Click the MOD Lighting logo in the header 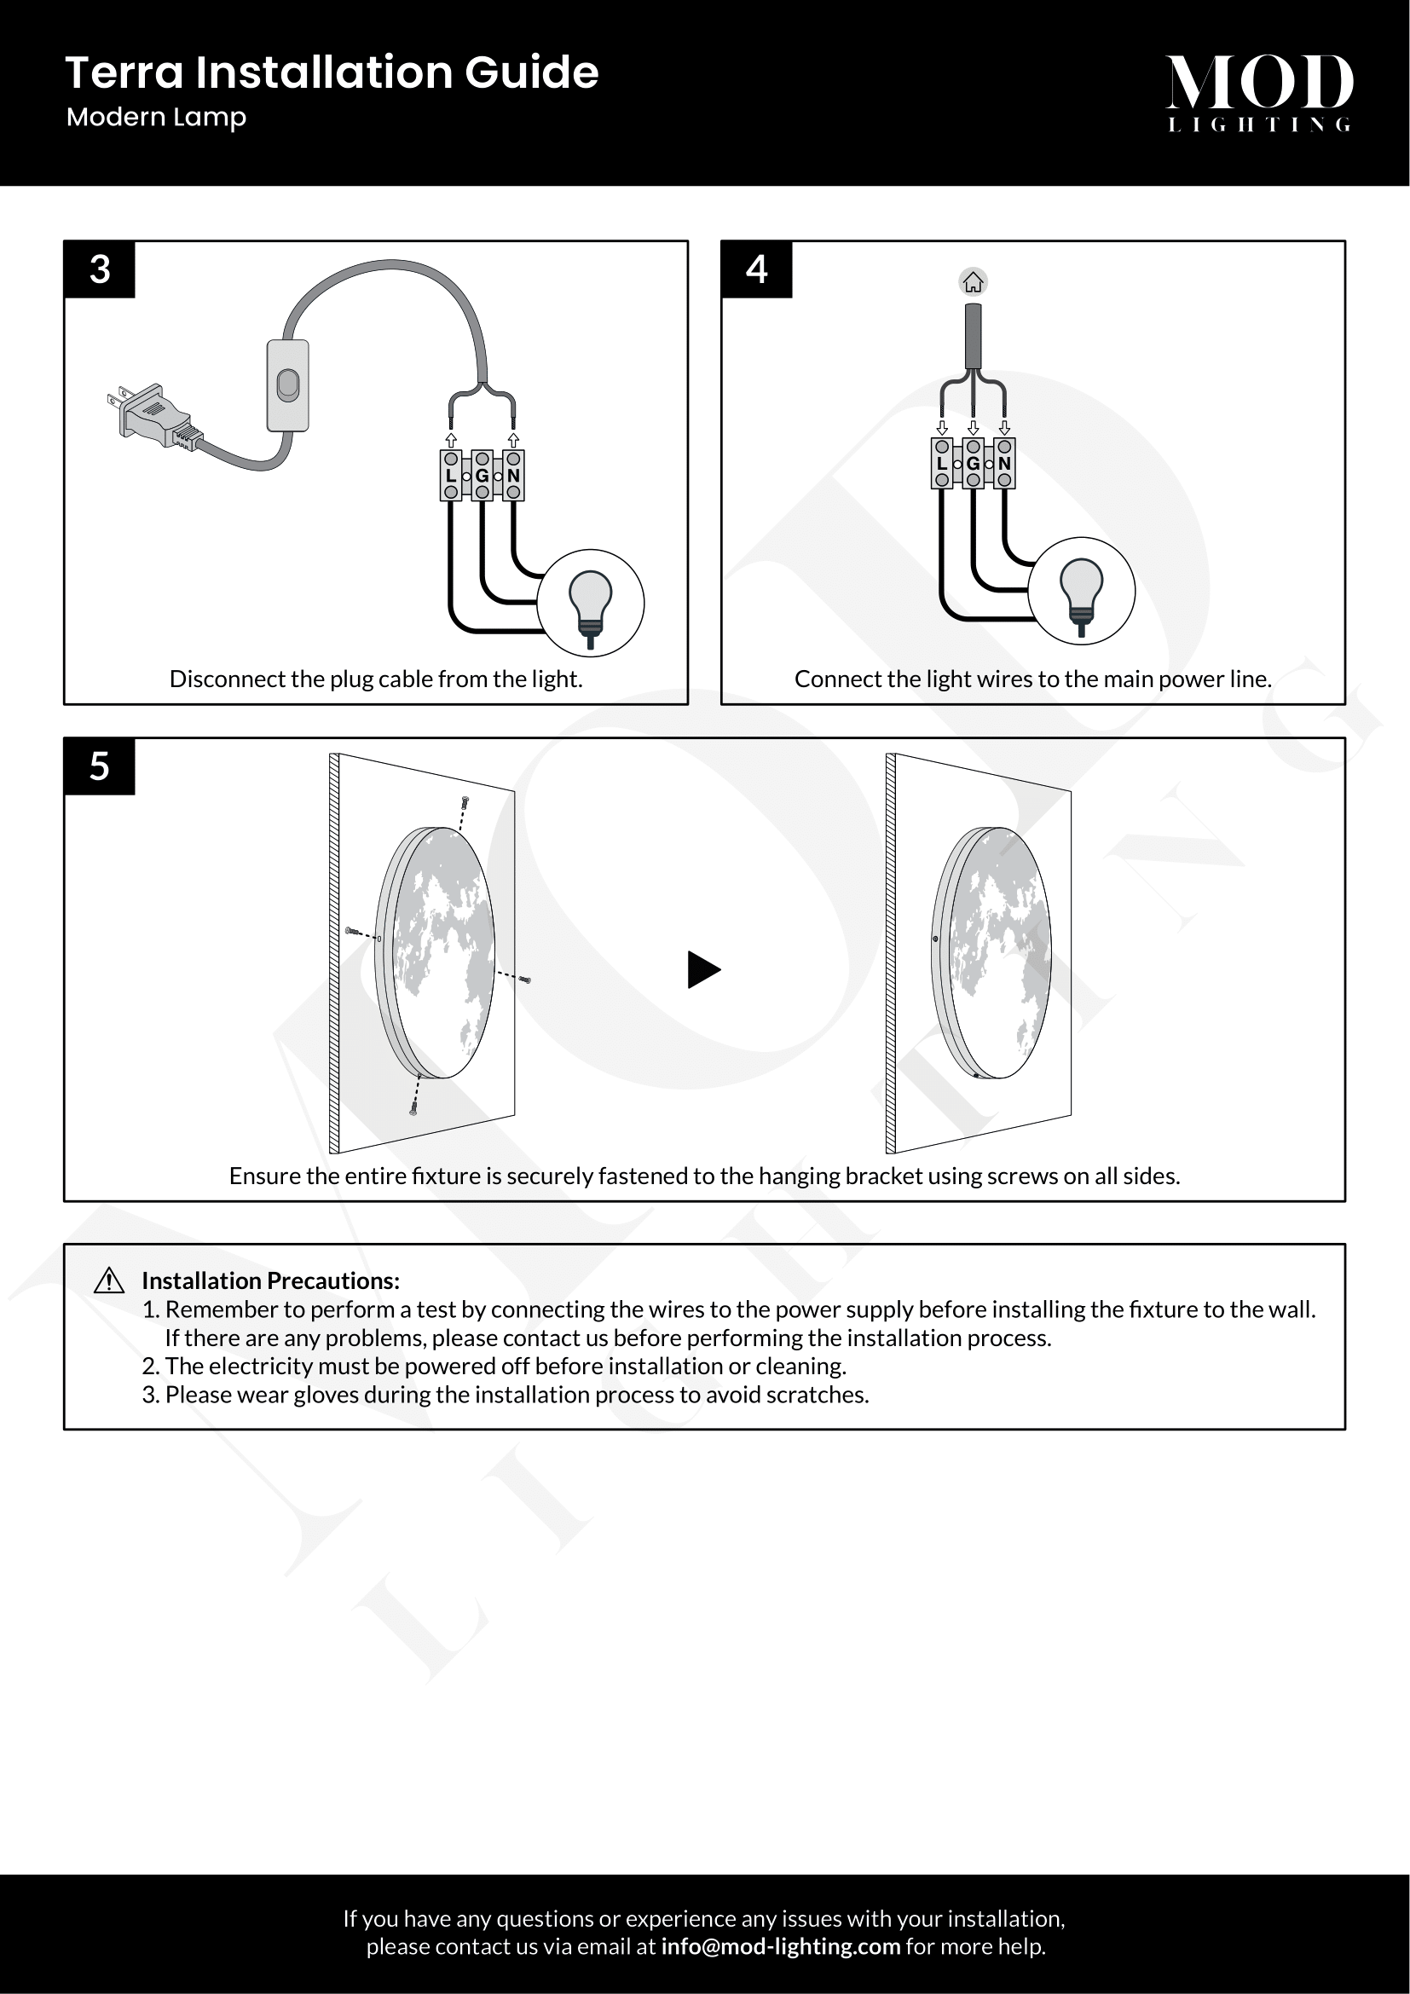(1258, 92)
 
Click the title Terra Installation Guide (332, 72)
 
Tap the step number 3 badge (100, 270)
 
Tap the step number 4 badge (756, 270)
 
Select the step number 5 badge (100, 767)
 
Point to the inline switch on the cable (288, 385)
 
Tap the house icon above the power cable (974, 282)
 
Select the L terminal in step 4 (942, 464)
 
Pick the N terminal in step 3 (513, 476)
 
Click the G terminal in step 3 (482, 476)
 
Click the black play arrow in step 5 (703, 969)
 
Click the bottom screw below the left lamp (413, 1108)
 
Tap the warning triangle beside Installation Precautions (108, 1281)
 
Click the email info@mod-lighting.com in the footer (781, 1946)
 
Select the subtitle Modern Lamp (156, 117)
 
